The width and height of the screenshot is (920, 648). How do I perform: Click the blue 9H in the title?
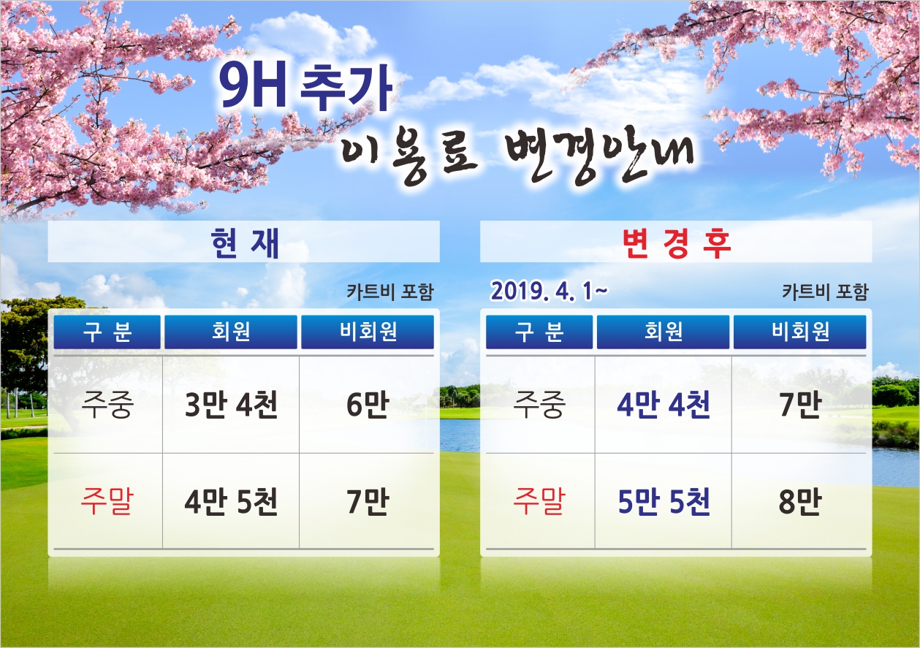pos(252,87)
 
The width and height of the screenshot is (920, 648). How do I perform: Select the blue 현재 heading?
pos(245,243)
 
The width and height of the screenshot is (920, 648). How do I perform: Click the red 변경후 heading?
pos(677,243)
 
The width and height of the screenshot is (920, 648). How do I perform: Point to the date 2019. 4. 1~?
pos(549,291)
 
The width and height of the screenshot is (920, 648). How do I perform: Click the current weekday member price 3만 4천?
pos(231,404)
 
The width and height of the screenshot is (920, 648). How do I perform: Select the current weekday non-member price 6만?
pos(368,404)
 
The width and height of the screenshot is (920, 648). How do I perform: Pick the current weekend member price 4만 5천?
pos(231,501)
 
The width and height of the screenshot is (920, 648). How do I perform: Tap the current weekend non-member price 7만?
pos(368,501)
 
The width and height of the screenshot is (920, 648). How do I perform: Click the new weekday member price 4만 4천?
pos(664,404)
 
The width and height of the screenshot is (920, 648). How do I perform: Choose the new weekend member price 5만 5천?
pos(664,501)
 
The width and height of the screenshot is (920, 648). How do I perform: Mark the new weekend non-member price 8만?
pos(799,501)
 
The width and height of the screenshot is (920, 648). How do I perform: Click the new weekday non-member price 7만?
pos(799,404)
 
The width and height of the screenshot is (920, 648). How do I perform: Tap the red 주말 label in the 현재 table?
pos(107,501)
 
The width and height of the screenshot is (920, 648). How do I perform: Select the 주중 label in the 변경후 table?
pos(539,404)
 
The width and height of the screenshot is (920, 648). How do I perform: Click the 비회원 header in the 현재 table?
pos(368,332)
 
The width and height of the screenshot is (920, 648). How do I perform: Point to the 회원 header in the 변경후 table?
pos(664,332)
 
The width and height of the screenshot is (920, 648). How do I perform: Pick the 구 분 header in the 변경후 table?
pos(539,332)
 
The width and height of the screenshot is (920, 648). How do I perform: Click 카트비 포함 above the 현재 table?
pos(389,291)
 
